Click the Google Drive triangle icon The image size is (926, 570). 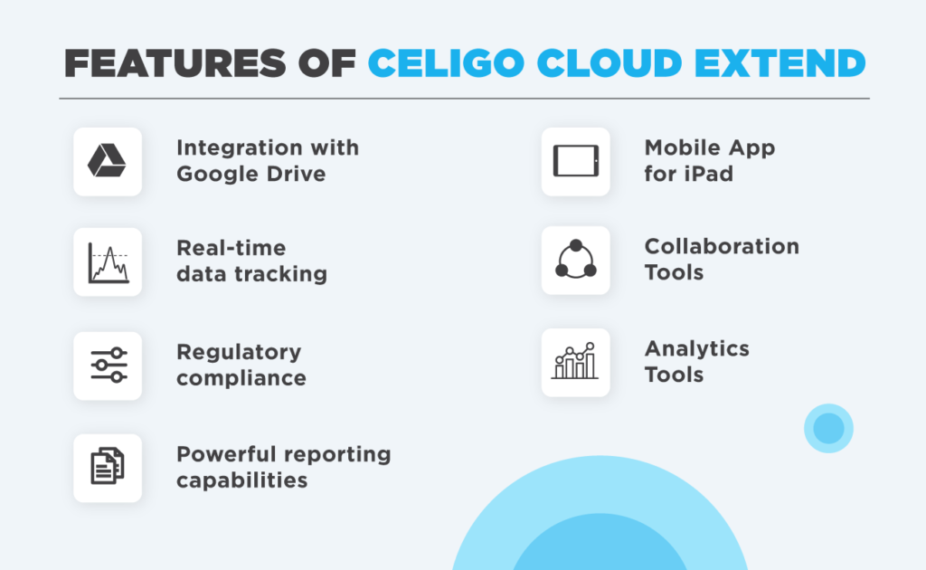(107, 161)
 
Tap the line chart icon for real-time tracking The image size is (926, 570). (108, 262)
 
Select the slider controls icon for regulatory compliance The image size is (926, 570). (108, 365)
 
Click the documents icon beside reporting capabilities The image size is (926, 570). (108, 467)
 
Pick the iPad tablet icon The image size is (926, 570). (575, 161)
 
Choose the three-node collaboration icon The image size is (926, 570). (575, 260)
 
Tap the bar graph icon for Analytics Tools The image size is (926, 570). (575, 361)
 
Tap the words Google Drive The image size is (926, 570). (250, 174)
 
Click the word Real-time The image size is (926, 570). (231, 248)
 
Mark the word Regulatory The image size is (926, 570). (238, 352)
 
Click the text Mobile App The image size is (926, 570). (709, 147)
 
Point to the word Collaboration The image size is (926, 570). (721, 247)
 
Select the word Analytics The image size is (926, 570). (696, 349)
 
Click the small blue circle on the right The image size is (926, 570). (828, 428)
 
